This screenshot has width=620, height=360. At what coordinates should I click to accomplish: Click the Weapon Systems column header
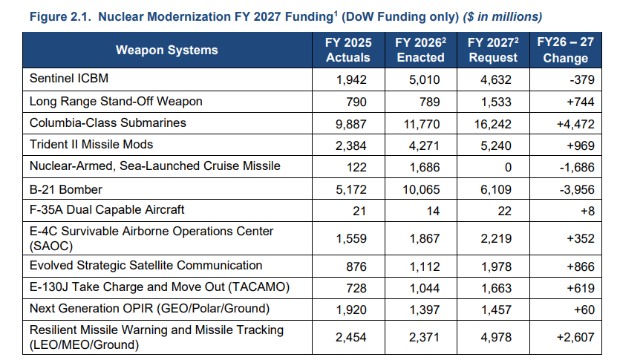click(x=167, y=50)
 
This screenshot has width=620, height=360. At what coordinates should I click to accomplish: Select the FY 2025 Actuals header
click(x=348, y=50)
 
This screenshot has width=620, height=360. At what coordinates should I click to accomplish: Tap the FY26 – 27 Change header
click(x=566, y=50)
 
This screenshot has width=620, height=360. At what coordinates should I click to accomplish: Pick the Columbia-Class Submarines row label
click(x=108, y=122)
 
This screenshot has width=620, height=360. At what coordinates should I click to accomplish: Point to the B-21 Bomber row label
click(x=65, y=189)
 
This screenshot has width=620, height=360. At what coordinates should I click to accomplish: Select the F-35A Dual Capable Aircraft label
click(x=107, y=210)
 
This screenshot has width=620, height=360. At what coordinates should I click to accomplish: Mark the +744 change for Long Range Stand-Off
click(x=581, y=100)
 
